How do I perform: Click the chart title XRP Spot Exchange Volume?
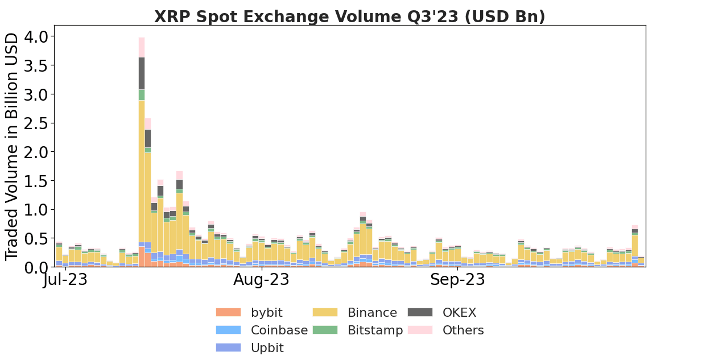click(349, 17)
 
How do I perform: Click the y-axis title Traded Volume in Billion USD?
click(13, 147)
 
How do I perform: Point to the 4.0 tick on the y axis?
click(37, 36)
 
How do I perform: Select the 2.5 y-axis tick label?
click(37, 123)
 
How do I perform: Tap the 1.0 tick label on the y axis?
click(37, 210)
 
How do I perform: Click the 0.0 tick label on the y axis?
click(37, 267)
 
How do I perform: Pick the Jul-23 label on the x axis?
click(65, 280)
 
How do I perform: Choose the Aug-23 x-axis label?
click(261, 280)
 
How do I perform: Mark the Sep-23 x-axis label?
click(457, 280)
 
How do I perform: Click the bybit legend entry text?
click(266, 313)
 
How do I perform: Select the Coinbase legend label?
click(279, 330)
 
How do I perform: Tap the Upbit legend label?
click(267, 348)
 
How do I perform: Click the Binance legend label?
click(372, 313)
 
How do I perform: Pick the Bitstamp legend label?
click(375, 330)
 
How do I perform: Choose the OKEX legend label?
click(459, 313)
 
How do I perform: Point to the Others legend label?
click(463, 330)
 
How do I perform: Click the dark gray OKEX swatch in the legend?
click(420, 312)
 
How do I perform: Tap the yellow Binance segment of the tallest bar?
click(142, 171)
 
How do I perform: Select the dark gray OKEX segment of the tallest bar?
click(142, 73)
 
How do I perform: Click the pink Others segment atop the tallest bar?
click(142, 47)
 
